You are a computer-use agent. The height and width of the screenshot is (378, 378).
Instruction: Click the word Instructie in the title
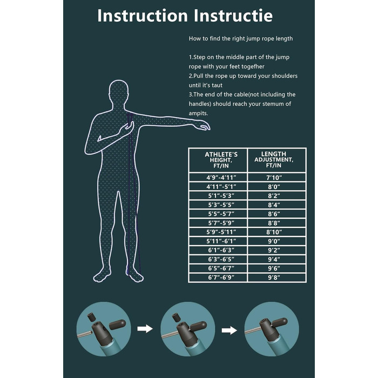click(x=233, y=16)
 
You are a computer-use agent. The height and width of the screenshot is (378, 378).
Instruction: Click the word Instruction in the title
click(x=143, y=16)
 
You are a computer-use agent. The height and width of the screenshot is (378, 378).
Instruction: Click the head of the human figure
click(x=119, y=92)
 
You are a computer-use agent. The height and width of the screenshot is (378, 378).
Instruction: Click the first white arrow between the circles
click(x=145, y=328)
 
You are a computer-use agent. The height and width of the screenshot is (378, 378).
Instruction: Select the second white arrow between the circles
click(x=230, y=330)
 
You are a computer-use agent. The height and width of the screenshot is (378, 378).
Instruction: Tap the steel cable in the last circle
click(x=253, y=330)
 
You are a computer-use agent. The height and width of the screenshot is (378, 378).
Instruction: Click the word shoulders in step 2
click(x=285, y=76)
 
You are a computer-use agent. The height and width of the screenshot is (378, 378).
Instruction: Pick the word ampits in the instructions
click(x=198, y=113)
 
